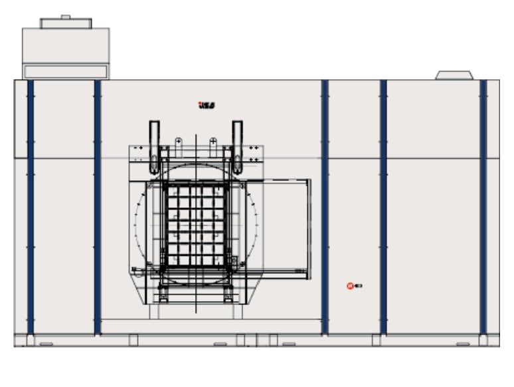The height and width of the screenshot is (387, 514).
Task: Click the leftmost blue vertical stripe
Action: point(31,206)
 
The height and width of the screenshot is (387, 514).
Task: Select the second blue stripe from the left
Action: point(98,206)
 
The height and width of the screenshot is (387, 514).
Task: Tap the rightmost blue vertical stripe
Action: point(483,206)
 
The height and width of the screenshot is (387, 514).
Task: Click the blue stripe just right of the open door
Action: point(325,206)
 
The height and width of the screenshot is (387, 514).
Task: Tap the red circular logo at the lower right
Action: point(350,286)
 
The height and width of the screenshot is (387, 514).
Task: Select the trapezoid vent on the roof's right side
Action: point(454,74)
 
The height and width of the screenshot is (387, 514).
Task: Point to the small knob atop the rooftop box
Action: point(65,17)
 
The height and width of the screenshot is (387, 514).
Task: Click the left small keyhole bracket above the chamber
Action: point(178,143)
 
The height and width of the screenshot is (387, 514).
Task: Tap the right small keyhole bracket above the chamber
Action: point(213,143)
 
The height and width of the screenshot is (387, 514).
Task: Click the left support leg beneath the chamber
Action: point(163,293)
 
